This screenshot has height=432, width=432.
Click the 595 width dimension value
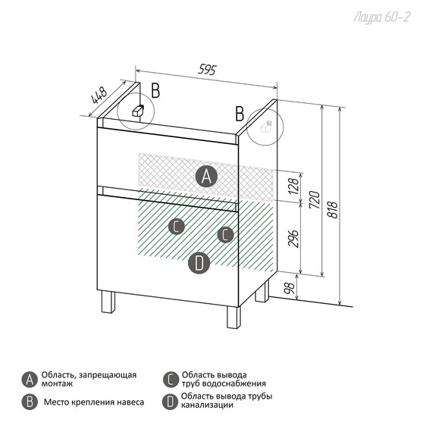tap(208, 70)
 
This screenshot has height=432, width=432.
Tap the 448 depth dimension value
tap(99, 95)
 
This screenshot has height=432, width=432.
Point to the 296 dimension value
tap(293, 238)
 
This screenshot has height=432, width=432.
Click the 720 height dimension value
tap(315, 200)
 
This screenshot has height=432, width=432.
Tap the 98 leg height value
tap(290, 288)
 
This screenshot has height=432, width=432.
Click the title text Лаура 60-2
tap(382, 17)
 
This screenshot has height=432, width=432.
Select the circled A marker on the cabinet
tap(206, 177)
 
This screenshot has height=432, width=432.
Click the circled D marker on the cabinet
tap(199, 263)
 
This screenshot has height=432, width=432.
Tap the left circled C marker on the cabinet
tap(177, 227)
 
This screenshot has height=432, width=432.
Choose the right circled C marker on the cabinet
tap(226, 235)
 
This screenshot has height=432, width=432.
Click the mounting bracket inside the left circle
tap(138, 111)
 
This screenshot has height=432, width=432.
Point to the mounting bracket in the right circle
tap(266, 127)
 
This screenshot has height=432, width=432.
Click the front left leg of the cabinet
tap(108, 302)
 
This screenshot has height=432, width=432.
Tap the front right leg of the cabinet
tap(233, 317)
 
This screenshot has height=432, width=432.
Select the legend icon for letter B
tap(30, 402)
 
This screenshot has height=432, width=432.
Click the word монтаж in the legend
tap(57, 383)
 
